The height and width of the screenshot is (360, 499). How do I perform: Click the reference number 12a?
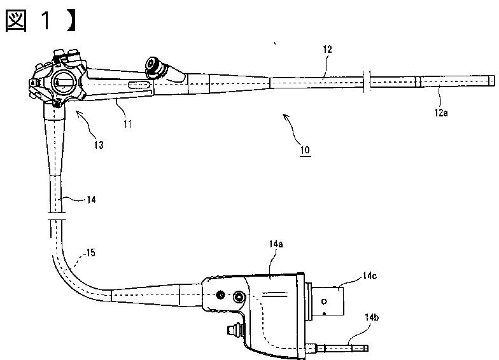(441, 113)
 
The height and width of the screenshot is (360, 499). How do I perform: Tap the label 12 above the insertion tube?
(327, 50)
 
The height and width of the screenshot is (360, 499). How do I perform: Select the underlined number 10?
(306, 150)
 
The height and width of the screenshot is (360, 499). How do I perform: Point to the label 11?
(127, 124)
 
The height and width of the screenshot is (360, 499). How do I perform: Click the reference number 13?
(99, 145)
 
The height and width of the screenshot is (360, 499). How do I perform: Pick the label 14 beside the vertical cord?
(91, 200)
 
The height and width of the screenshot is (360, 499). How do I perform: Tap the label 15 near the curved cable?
(90, 253)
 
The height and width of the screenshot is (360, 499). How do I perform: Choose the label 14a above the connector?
(276, 244)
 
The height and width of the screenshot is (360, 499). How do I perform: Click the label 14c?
(369, 276)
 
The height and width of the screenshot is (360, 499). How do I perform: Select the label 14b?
(372, 317)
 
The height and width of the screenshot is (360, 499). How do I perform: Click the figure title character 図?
(16, 20)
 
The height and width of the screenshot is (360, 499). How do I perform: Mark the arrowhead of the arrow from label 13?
(78, 112)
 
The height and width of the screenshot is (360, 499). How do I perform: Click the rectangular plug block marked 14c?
(328, 301)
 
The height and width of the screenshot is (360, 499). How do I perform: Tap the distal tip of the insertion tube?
(494, 80)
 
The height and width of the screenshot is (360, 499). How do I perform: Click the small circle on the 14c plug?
(324, 301)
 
